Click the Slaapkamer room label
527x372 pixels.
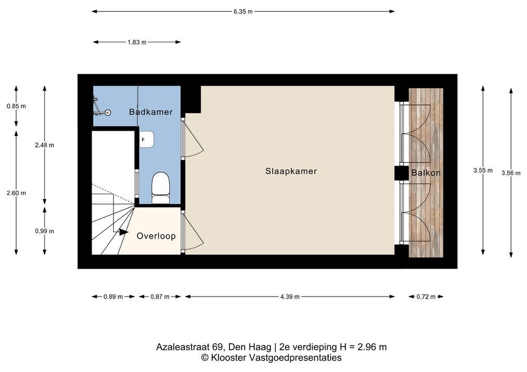coord(291,172)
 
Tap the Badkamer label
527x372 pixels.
coord(151,112)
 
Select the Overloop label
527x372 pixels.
coord(156,236)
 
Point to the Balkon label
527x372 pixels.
coord(426,173)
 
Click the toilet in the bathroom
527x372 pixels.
coord(160,188)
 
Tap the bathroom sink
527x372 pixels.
coord(147,139)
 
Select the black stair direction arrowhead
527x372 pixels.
coord(123,232)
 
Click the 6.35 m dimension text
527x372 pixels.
coord(243,12)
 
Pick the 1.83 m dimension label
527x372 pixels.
coord(137,42)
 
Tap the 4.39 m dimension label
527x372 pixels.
coord(290,297)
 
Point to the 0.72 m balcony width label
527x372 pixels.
coord(426,297)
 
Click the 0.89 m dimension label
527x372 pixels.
coord(113,297)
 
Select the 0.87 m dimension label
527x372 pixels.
coord(160,297)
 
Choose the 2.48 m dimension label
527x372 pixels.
coord(45,145)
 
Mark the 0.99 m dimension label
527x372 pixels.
coord(45,231)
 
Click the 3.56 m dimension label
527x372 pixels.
coord(511,173)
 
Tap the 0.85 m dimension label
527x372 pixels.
coord(16,106)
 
